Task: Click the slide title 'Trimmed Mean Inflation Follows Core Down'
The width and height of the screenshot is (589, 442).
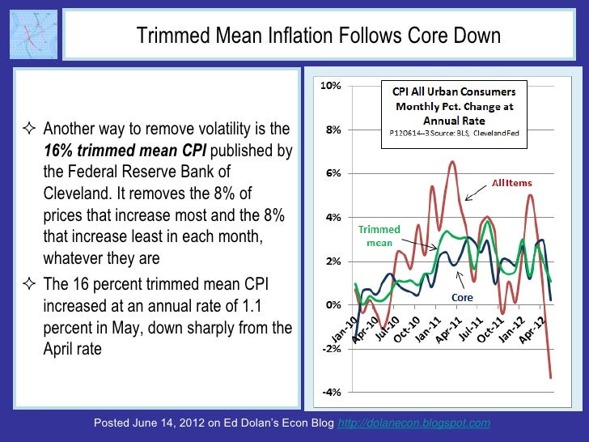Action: coord(318,36)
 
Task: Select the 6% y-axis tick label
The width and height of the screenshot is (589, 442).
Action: coord(333,173)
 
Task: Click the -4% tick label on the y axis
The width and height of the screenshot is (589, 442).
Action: coord(332,393)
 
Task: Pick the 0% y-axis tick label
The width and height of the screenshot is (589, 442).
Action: coord(333,305)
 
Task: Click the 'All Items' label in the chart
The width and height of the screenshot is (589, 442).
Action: coord(512,183)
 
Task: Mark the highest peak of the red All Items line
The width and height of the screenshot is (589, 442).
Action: coord(451,162)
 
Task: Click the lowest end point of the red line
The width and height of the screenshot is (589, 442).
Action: coord(550,377)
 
